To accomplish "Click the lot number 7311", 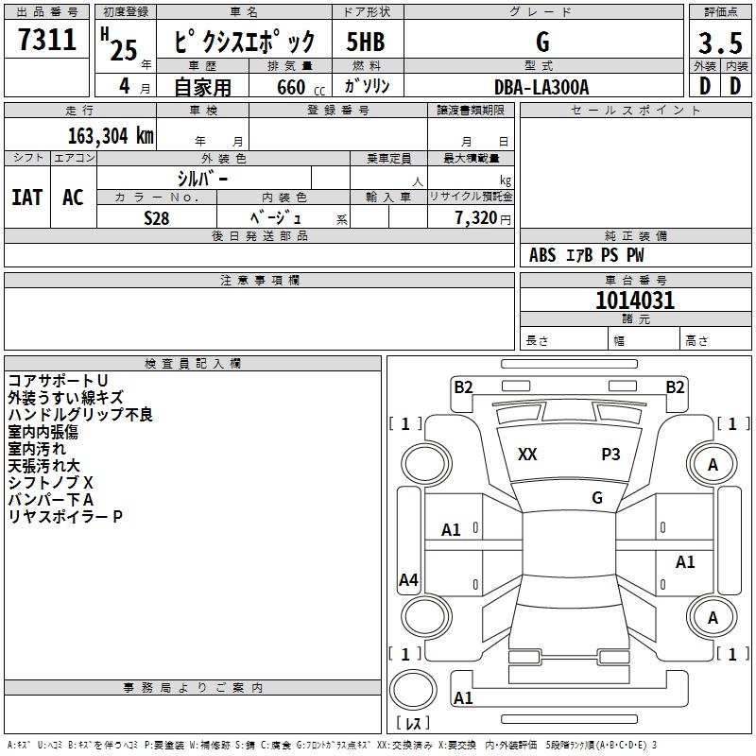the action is [x=47, y=40].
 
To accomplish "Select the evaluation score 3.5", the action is [x=719, y=43].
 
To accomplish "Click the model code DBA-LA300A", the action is [x=542, y=87].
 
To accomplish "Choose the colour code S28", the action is [x=157, y=216].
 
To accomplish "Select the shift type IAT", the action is [x=27, y=198].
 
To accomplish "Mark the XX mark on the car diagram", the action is [x=527, y=455].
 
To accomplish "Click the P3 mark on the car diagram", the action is [x=610, y=455].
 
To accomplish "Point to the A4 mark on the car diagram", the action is [x=408, y=580].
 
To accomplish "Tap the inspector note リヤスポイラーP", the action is [x=65, y=516].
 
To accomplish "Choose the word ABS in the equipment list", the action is [x=542, y=255].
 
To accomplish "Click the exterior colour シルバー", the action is [x=202, y=178].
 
